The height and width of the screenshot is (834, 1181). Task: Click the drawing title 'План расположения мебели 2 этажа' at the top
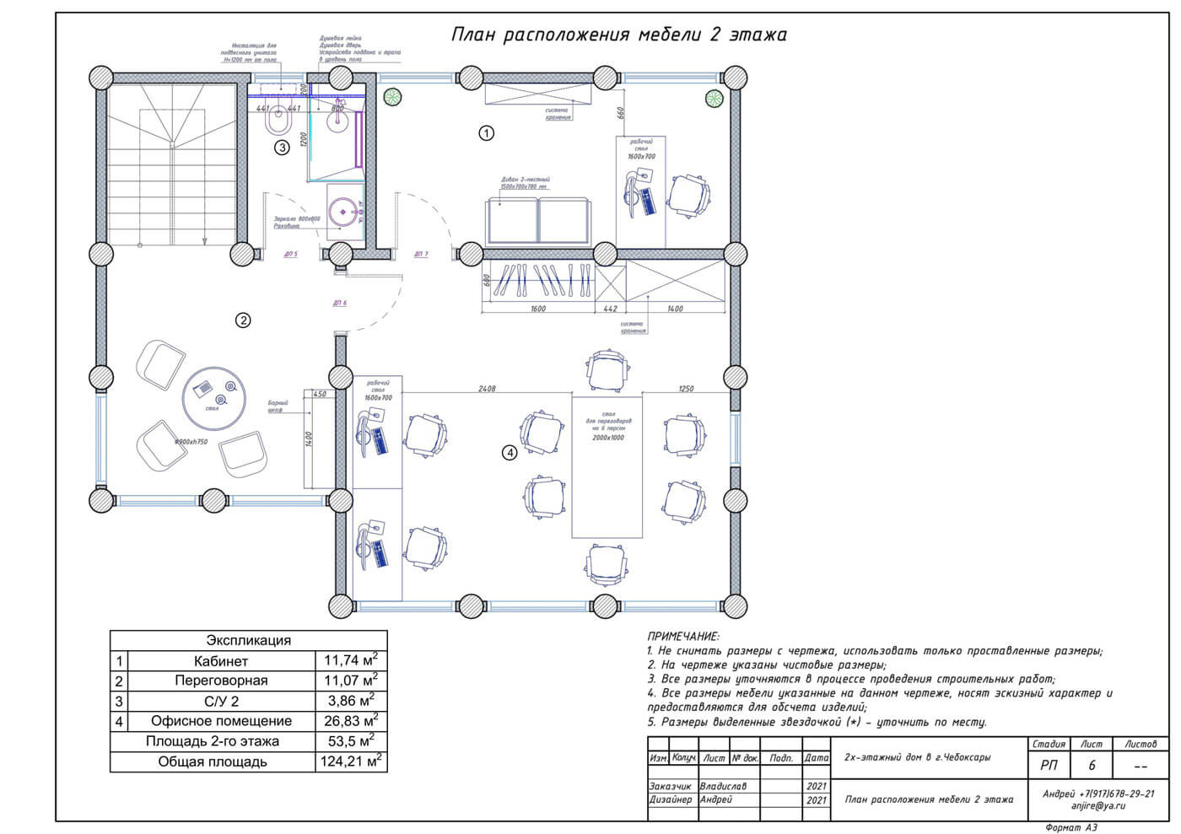[x=618, y=35]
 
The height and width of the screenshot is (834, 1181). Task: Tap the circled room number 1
[x=486, y=132]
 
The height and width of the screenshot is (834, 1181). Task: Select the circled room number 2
[x=243, y=320]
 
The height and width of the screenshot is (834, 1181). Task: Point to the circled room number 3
[x=283, y=147]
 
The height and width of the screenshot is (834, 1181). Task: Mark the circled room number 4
[x=510, y=453]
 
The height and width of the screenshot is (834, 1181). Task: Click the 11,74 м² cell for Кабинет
[x=351, y=660]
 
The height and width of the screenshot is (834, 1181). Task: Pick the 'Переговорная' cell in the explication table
[x=221, y=681]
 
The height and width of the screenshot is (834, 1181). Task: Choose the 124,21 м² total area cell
[x=351, y=761]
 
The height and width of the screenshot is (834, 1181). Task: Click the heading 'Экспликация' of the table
[x=248, y=640]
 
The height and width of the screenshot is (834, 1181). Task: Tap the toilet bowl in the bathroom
[x=277, y=124]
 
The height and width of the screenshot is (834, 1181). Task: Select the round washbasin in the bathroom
[x=344, y=211]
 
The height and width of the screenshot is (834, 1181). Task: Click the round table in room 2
[x=214, y=394]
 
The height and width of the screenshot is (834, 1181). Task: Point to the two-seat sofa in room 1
[x=537, y=220]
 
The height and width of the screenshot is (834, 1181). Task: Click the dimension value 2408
[x=487, y=389]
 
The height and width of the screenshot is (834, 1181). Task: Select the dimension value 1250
[x=686, y=389]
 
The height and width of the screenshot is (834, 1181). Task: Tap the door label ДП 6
[x=340, y=303]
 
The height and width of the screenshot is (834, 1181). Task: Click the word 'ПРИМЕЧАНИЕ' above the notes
[x=683, y=637]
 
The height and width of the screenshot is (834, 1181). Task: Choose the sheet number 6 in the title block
[x=1092, y=766]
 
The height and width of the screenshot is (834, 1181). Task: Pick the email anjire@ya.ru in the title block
[x=1098, y=805]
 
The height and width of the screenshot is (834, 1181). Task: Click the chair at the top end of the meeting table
[x=607, y=369]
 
